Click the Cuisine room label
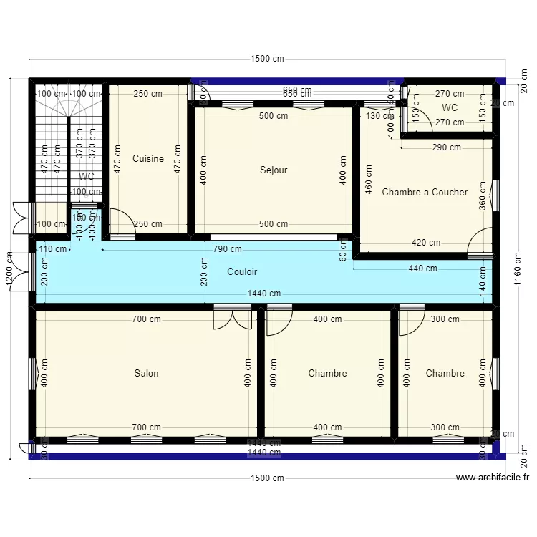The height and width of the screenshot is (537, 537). [148, 159]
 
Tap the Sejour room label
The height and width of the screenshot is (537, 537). [274, 170]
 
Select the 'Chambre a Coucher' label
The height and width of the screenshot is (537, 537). [425, 192]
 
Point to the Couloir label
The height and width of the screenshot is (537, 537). [242, 272]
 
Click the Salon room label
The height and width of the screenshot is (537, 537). [146, 373]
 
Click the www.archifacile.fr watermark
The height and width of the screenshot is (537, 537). [493, 478]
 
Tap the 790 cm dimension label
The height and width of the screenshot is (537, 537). [227, 249]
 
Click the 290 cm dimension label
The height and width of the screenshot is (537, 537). [446, 147]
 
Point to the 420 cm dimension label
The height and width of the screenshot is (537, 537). [426, 243]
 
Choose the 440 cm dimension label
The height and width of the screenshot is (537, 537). [422, 268]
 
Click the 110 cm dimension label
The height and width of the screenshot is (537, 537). [53, 249]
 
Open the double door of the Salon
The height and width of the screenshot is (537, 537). [233, 319]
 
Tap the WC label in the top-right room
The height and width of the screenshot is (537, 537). [450, 108]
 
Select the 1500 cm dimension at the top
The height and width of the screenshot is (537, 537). [266, 59]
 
